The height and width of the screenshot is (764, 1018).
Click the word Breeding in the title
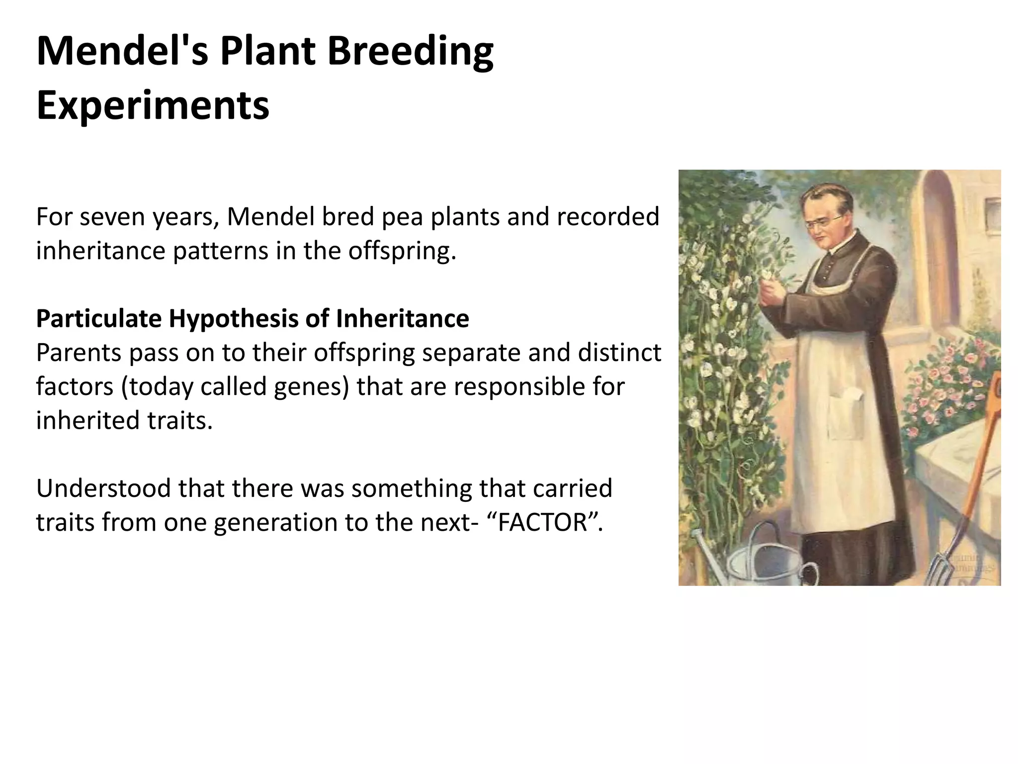click(410, 52)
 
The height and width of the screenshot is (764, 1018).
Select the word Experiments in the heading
click(153, 105)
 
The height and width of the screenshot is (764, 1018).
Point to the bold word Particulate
click(98, 319)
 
